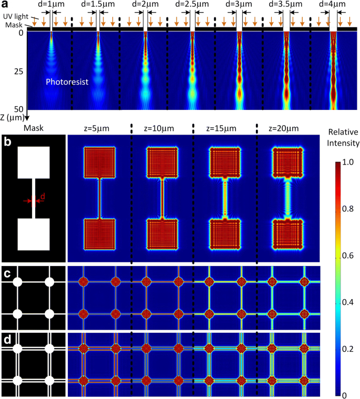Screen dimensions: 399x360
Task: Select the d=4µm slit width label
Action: tap(333, 4)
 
